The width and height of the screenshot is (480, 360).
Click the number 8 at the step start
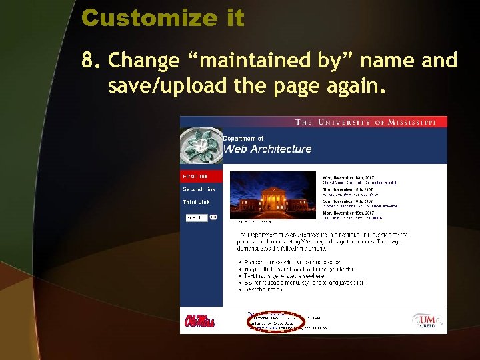[x=89, y=61]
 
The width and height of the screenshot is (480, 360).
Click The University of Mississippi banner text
[x=370, y=122]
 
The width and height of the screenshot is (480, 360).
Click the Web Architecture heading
[x=267, y=149]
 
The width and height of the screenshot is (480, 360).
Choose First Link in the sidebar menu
[x=195, y=177]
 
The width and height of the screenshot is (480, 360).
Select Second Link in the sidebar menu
[x=199, y=189]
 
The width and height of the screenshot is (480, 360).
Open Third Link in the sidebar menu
[x=197, y=202]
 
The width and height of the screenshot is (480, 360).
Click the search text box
[x=196, y=217]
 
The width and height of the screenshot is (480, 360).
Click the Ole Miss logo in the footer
[x=199, y=321]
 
